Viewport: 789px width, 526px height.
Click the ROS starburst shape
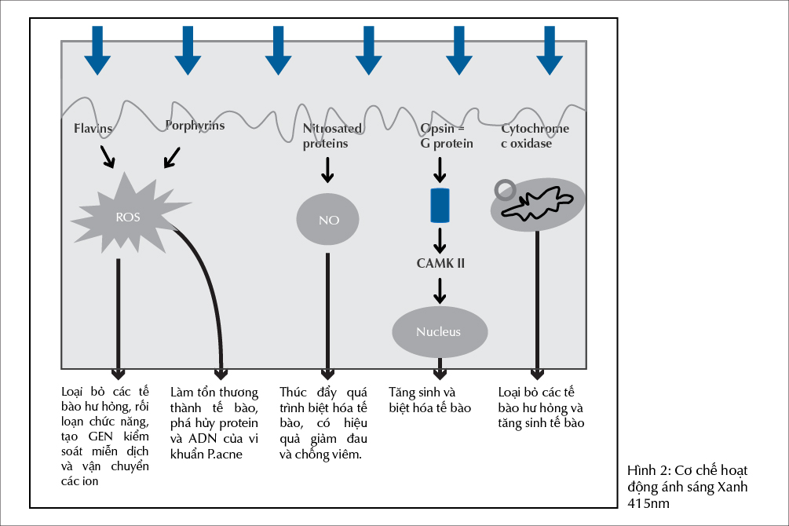128,216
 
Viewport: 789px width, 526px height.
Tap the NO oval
328,220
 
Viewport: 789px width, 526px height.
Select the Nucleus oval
439,331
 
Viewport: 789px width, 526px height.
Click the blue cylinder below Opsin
440,205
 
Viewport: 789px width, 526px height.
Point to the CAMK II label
440,263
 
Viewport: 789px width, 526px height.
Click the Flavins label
93,128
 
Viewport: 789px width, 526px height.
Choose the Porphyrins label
195,126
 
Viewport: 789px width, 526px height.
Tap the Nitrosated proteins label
332,136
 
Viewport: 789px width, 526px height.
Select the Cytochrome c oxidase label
535,136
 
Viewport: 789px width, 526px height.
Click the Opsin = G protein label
447,136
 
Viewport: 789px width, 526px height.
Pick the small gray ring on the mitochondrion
505,190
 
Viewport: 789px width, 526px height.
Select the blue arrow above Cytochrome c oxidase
550,50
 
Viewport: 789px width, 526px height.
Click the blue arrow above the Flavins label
98,50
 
